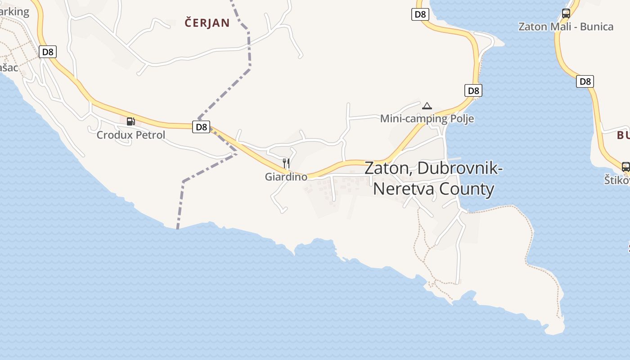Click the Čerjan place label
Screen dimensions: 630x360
pyautogui.click(x=207, y=23)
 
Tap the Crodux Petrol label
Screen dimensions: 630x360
pyautogui.click(x=131, y=135)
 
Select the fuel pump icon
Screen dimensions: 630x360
pyautogui.click(x=131, y=121)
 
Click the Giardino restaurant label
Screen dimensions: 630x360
pyautogui.click(x=286, y=177)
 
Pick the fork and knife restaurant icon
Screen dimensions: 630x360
pyautogui.click(x=286, y=163)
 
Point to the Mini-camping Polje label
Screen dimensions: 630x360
pyautogui.click(x=427, y=119)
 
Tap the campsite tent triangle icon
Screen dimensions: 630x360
pyautogui.click(x=427, y=106)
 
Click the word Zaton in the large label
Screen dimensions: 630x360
pyautogui.click(x=388, y=168)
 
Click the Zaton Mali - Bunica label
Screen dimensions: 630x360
pyautogui.click(x=566, y=27)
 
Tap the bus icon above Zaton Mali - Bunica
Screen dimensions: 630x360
pyautogui.click(x=566, y=13)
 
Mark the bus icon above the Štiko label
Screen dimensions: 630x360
pyautogui.click(x=625, y=166)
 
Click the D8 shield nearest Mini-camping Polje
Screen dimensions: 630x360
pyautogui.click(x=473, y=90)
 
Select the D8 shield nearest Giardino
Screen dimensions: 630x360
pyautogui.click(x=201, y=127)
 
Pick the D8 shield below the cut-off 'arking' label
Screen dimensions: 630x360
pyautogui.click(x=47, y=52)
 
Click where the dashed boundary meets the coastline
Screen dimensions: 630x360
pyautogui.click(x=177, y=228)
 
